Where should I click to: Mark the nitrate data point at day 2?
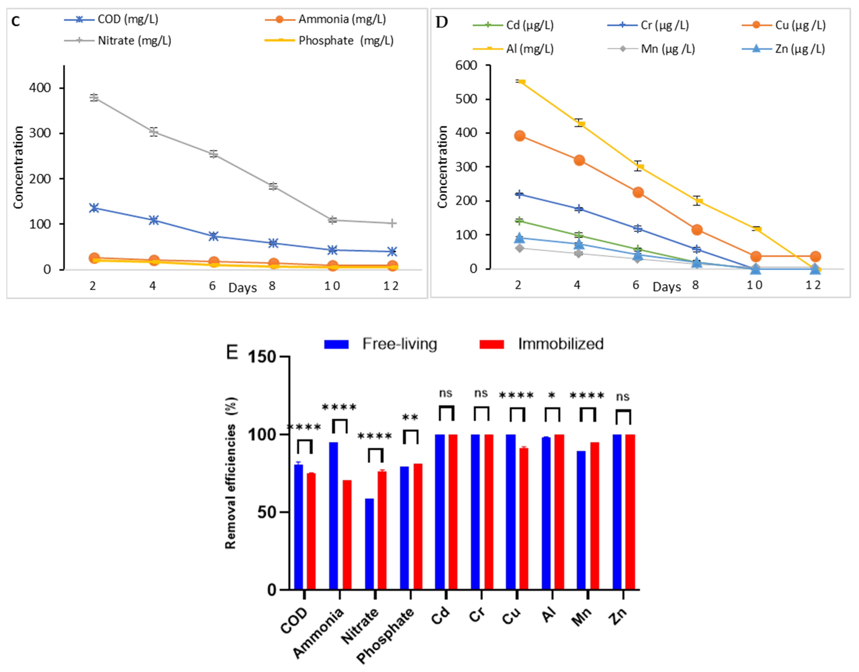[x=94, y=97]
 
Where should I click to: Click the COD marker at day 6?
[x=213, y=236]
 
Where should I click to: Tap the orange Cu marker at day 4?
[x=579, y=160]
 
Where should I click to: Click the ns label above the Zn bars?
[x=623, y=397]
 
